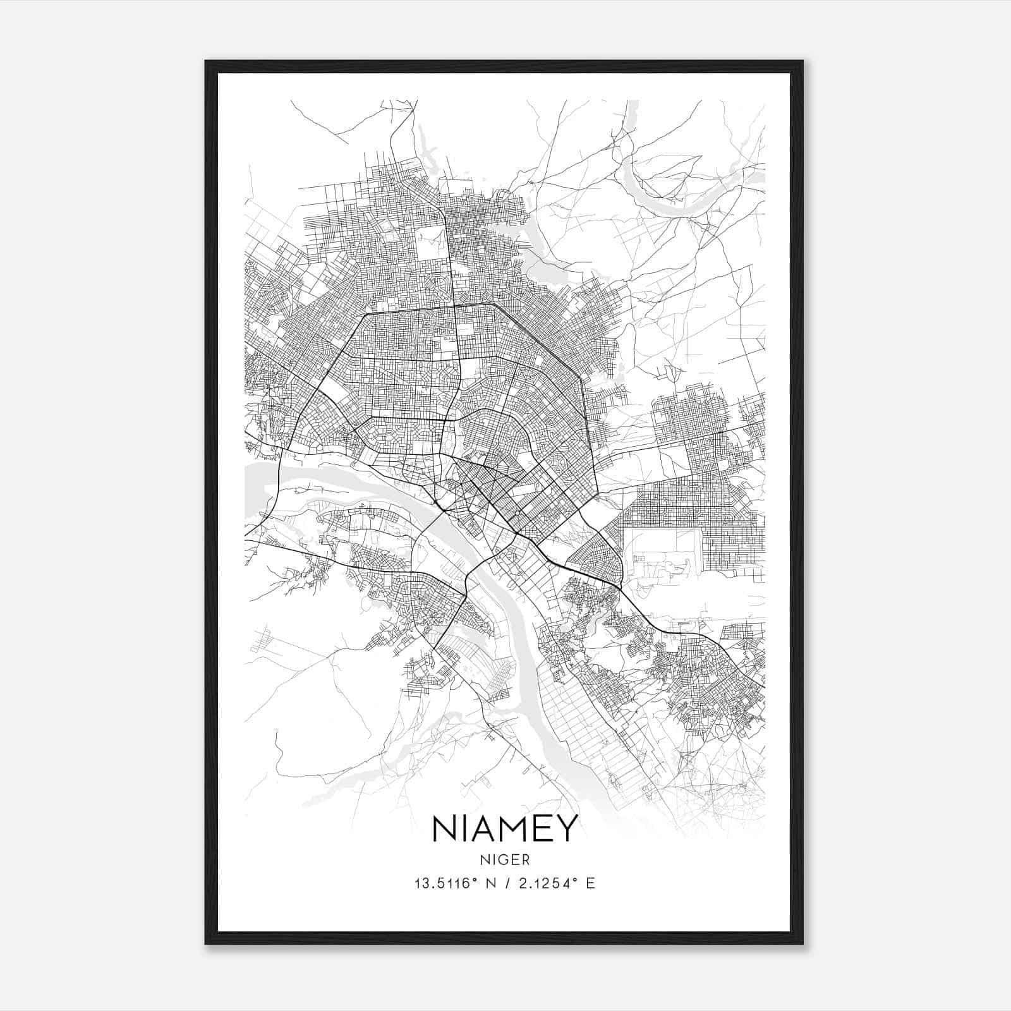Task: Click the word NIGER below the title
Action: click(x=505, y=860)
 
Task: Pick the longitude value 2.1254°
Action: click(x=547, y=883)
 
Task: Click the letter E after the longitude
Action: click(x=591, y=883)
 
